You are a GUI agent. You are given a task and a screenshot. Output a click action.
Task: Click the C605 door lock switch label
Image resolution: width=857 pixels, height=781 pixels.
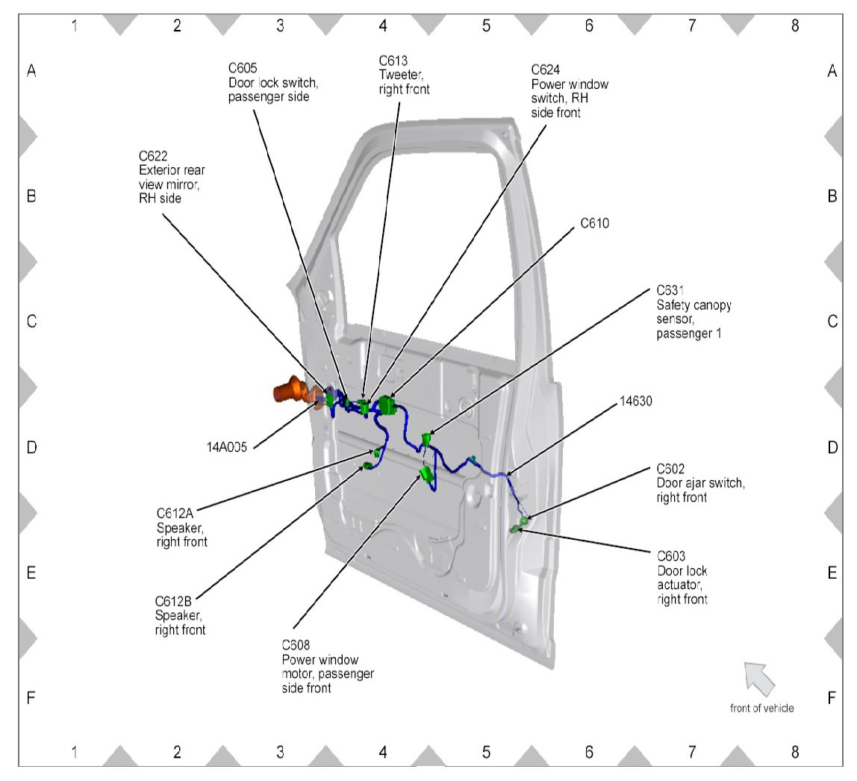269,82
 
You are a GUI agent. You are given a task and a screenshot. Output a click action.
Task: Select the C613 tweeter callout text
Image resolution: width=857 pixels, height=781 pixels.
405,75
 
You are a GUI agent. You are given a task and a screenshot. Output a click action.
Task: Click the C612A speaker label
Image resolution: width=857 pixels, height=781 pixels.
181,527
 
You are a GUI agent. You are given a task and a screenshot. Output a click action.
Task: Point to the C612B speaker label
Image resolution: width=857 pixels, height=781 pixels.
180,615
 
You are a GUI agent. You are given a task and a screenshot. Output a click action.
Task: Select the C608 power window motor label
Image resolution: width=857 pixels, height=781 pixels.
328,666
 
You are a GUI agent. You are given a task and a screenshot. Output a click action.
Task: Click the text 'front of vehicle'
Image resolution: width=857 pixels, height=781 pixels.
761,708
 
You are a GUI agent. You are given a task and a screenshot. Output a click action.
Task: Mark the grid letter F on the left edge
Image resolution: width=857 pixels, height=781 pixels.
31,698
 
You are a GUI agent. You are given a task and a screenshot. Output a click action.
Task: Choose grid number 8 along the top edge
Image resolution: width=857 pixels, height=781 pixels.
794,25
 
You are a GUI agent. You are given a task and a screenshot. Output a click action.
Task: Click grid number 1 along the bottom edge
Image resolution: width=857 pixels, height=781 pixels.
74,753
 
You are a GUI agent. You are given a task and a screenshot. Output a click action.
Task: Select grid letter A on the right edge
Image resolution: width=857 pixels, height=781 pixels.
832,71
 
